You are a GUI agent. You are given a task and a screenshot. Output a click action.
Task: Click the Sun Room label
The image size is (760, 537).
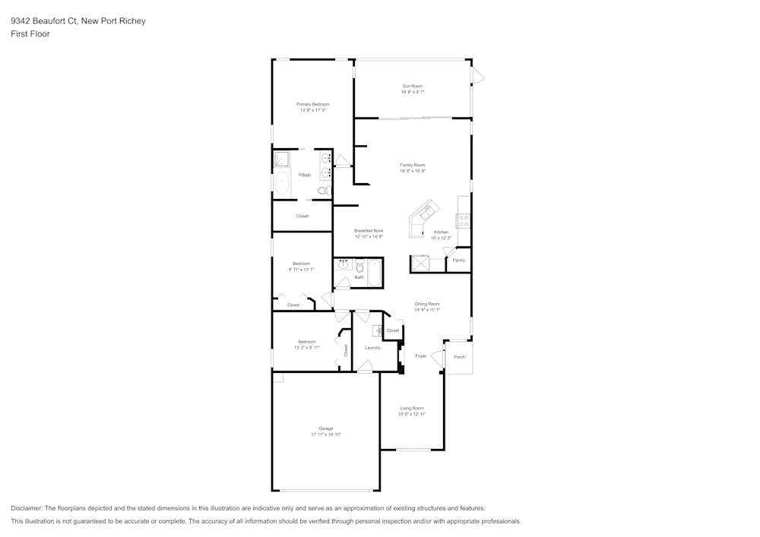[413, 86]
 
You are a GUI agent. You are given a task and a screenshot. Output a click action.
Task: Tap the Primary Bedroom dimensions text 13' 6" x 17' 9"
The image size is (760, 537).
[312, 111]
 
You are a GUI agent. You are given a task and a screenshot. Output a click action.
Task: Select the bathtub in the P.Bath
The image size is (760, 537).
[282, 183]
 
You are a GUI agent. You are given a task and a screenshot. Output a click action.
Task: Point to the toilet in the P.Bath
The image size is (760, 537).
[324, 191]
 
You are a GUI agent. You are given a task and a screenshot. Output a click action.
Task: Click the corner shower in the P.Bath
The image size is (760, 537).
[281, 159]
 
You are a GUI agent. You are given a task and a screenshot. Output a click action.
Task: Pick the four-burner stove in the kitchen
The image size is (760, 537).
[463, 221]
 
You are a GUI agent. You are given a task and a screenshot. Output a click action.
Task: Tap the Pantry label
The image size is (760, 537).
[458, 260]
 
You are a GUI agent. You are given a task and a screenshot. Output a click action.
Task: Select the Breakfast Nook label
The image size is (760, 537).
[369, 230]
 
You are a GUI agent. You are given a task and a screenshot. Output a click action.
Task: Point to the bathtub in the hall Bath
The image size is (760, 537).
[374, 272]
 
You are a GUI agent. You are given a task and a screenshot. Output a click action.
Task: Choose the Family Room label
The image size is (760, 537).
[413, 165]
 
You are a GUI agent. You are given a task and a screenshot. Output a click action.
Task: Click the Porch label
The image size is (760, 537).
[459, 356]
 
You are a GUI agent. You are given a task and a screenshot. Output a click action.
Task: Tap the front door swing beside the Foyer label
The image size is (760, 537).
[437, 357]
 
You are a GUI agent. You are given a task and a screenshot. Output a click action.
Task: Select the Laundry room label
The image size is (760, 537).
[372, 348]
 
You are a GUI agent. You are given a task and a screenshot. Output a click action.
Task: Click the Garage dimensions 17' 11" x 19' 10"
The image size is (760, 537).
[326, 434]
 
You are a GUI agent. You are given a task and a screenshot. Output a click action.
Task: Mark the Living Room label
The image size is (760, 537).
[412, 408]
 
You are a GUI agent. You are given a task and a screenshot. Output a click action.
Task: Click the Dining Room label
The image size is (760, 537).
[427, 304]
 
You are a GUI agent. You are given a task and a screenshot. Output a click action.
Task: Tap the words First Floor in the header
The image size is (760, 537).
[30, 34]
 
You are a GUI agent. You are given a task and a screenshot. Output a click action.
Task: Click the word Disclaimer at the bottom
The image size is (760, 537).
[26, 508]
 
